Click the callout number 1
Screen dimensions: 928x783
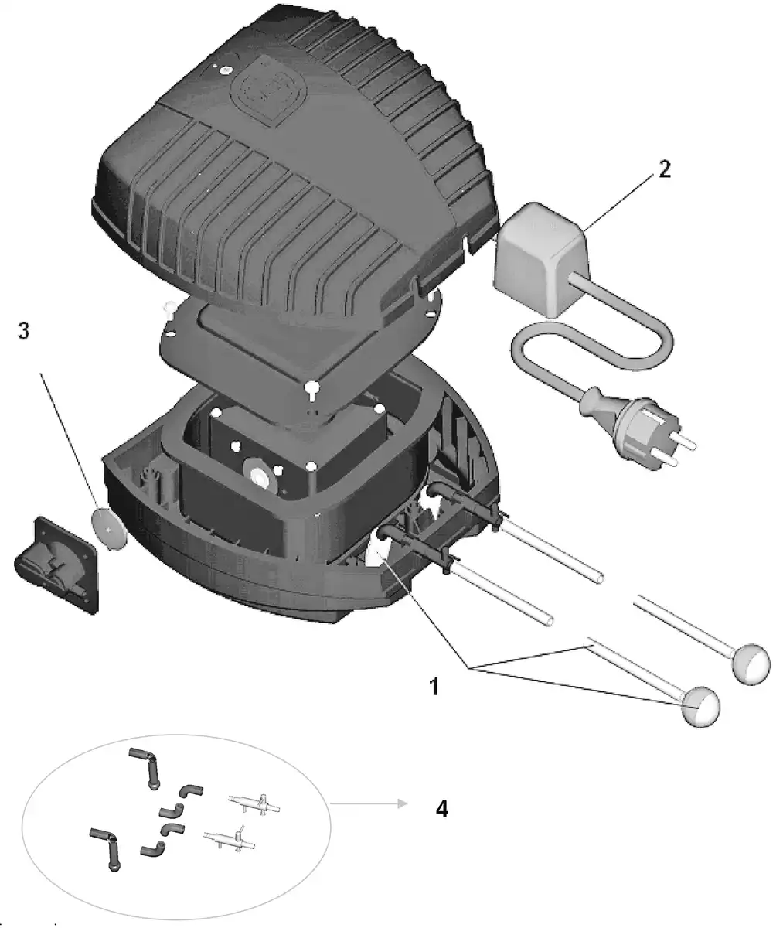point(434,685)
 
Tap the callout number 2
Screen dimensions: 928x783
point(664,169)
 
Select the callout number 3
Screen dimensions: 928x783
point(24,330)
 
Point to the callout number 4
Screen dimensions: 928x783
point(441,809)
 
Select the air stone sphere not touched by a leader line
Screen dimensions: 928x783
point(751,664)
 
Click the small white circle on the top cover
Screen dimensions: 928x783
point(226,70)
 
